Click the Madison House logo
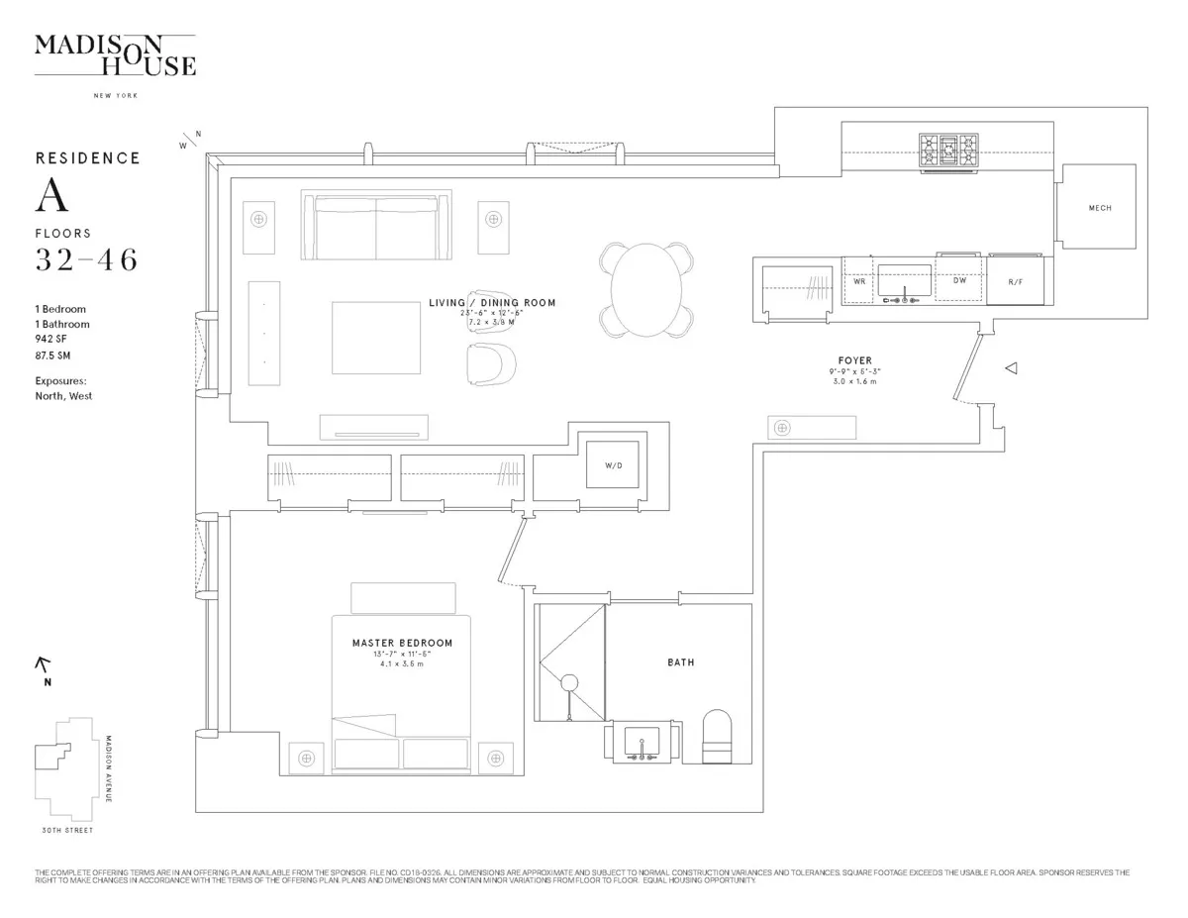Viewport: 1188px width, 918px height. pos(115,55)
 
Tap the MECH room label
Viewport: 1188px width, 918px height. pos(1100,208)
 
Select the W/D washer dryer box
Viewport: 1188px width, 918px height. pos(613,465)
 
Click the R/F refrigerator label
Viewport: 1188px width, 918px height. pos(1015,282)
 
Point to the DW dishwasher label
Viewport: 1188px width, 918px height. pos(959,281)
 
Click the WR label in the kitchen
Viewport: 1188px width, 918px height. pos(859,281)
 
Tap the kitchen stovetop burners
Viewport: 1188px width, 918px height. pos(949,153)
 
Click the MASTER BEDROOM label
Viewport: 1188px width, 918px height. pos(402,643)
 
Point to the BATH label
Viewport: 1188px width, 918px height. pos(680,663)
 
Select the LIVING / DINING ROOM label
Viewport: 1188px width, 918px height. pos(492,303)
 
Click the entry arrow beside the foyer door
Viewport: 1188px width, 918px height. pos(1012,368)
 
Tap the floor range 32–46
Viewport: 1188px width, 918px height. pos(86,260)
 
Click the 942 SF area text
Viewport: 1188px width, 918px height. pos(52,340)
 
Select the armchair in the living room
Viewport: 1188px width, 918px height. pos(491,362)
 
